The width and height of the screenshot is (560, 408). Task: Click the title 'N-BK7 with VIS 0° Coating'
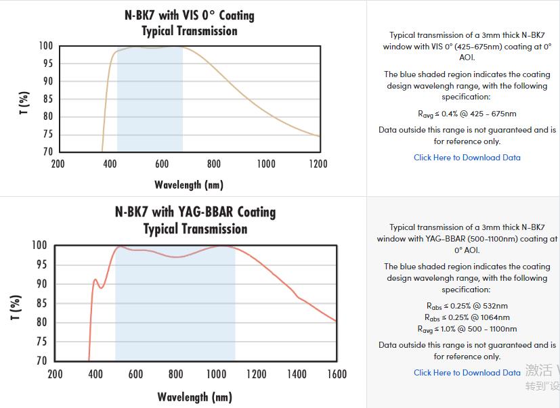tap(190, 14)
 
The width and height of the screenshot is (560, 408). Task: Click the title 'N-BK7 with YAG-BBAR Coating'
tap(195, 212)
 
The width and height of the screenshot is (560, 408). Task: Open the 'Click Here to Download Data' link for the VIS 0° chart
tap(467, 157)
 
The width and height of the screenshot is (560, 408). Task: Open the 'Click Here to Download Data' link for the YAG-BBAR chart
tap(467, 372)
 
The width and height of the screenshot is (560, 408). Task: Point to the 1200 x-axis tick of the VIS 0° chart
tap(318, 164)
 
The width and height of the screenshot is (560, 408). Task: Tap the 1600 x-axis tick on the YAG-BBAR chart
tap(337, 373)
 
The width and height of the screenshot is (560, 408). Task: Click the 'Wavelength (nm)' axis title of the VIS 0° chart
tap(189, 184)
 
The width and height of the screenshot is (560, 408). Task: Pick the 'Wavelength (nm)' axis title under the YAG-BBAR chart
tap(195, 396)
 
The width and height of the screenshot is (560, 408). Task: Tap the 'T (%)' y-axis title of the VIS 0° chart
tap(24, 103)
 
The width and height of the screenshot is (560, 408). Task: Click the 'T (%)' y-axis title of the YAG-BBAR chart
tap(17, 307)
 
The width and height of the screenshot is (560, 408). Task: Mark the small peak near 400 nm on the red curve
tap(95, 279)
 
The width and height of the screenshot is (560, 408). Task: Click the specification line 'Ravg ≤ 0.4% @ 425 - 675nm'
tap(467, 114)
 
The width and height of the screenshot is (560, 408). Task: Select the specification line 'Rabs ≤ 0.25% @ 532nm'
tap(467, 306)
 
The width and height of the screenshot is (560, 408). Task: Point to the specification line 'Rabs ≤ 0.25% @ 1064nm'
tap(467, 317)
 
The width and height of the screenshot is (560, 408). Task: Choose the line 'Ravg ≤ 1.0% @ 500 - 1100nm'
tap(467, 329)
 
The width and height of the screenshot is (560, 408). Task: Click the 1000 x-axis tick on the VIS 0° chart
tap(266, 164)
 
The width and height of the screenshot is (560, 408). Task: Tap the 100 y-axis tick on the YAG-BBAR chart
tap(39, 245)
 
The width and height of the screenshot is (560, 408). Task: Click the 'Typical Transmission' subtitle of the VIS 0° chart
tap(190, 31)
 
